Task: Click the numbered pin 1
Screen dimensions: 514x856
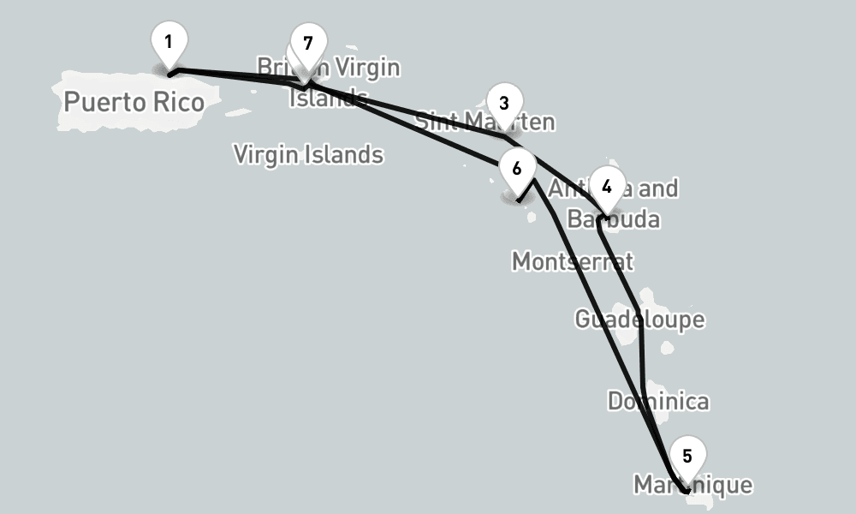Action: [169, 42]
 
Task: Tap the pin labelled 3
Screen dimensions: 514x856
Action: [503, 104]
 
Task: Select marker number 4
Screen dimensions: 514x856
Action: [607, 187]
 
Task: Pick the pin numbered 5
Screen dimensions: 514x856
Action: [687, 457]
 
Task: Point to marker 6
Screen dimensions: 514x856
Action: [516, 168]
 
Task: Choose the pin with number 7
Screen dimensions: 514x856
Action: [308, 44]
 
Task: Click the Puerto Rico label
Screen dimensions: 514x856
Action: [134, 103]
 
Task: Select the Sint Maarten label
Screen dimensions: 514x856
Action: [484, 122]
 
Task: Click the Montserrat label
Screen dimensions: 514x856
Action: [572, 260]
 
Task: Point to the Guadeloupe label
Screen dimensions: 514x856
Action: [639, 320]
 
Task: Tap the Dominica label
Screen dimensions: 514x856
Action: [657, 401]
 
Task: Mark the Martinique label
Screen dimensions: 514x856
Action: [693, 485]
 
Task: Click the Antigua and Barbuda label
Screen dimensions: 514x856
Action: [614, 204]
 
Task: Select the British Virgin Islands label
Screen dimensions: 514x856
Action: [329, 81]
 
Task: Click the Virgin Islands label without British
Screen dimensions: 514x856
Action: [308, 155]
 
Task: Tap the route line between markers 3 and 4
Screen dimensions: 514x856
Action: [556, 170]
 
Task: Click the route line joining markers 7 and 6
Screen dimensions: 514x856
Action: [411, 124]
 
